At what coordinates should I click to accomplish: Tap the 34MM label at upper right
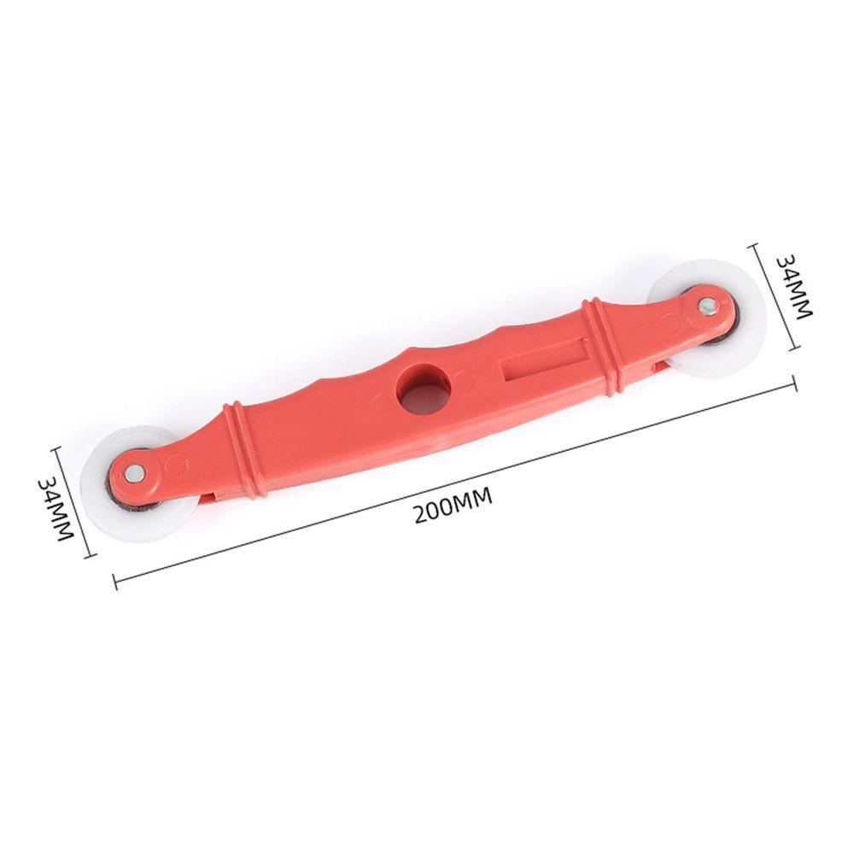pos(793,287)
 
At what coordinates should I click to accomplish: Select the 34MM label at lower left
pos(56,509)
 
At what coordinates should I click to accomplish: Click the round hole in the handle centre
pos(424,389)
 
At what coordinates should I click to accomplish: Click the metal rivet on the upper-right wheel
pos(707,305)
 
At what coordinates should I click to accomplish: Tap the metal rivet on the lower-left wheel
pos(132,473)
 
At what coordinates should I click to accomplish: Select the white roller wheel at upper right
pos(705,319)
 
